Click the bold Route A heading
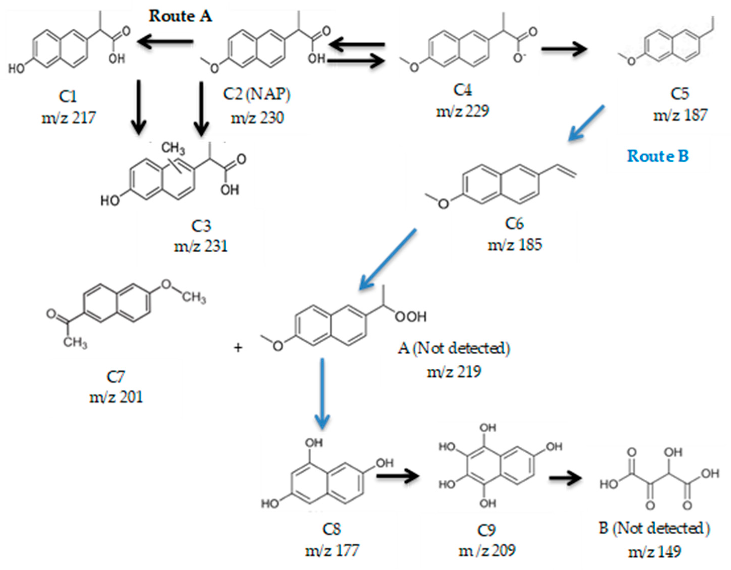(180, 16)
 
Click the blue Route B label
(658, 156)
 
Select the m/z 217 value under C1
(69, 118)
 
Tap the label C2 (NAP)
(257, 94)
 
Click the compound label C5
(680, 94)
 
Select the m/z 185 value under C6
(515, 245)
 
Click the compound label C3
(201, 226)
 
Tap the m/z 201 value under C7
(116, 397)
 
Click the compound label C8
(331, 529)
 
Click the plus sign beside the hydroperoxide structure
(238, 348)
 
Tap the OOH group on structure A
(411, 317)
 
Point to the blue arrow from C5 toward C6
(586, 123)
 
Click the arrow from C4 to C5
(564, 49)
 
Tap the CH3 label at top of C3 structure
(173, 148)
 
